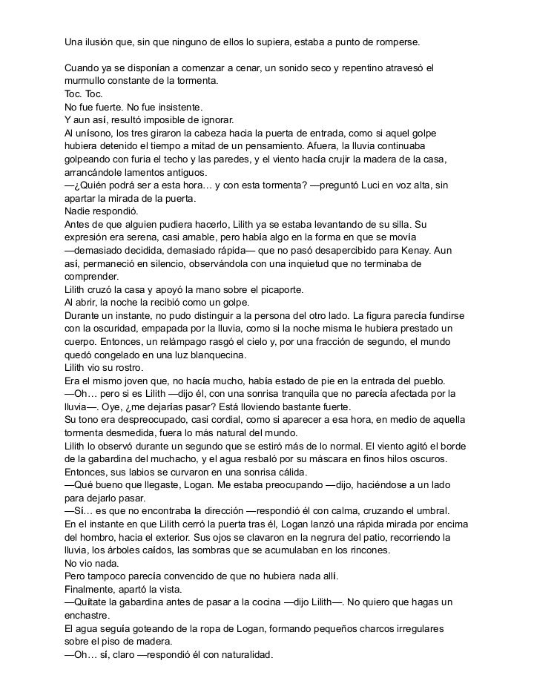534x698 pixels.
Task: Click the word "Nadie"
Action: [79, 211]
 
